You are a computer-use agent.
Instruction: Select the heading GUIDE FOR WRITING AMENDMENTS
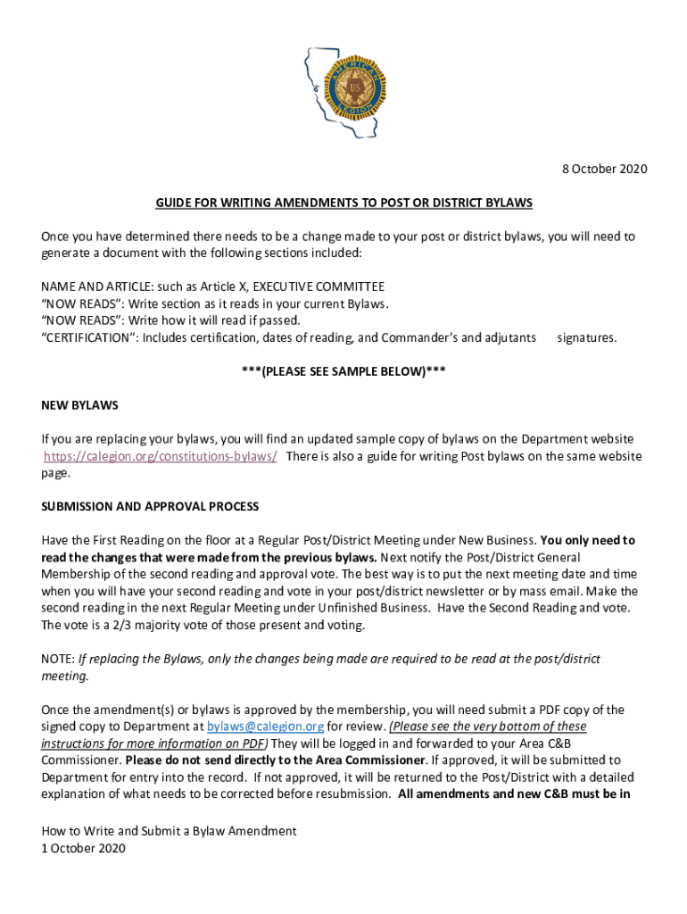point(343,204)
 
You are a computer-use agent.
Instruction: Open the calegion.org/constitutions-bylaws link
point(161,456)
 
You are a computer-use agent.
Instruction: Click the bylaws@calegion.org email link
point(252,727)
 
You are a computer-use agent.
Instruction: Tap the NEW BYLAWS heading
point(79,405)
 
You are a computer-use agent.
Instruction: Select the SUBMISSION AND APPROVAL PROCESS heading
point(150,507)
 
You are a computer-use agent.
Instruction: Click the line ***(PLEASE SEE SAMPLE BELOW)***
point(343,371)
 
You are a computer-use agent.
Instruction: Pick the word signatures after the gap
point(586,337)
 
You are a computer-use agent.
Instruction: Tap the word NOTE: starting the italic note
point(58,659)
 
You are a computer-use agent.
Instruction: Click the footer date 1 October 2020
point(83,848)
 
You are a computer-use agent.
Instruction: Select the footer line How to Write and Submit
point(169,831)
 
